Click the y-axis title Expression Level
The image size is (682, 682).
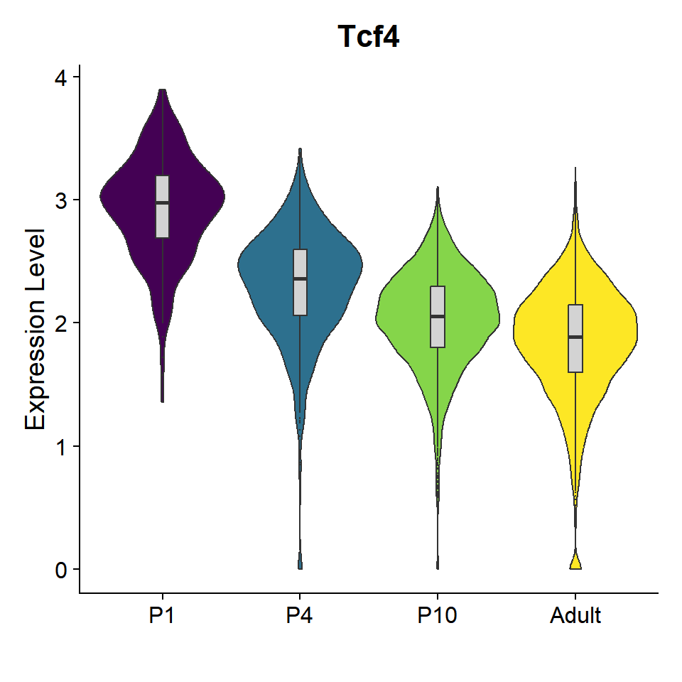tap(36, 328)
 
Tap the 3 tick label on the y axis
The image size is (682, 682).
tap(63, 200)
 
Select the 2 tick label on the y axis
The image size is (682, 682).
tap(63, 323)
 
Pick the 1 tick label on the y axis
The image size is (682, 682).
tap(63, 446)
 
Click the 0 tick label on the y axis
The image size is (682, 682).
tap(63, 569)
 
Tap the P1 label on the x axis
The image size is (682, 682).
tap(162, 615)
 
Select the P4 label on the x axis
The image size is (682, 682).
tap(300, 615)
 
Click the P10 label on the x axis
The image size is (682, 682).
tap(437, 615)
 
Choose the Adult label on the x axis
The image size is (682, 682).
tap(575, 615)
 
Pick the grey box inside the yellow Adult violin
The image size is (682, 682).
tap(575, 355)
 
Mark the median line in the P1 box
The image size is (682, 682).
tap(162, 202)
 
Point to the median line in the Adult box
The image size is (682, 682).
tap(575, 337)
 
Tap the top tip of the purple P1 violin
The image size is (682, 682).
tap(163, 91)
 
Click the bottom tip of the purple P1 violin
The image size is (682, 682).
tap(162, 400)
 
